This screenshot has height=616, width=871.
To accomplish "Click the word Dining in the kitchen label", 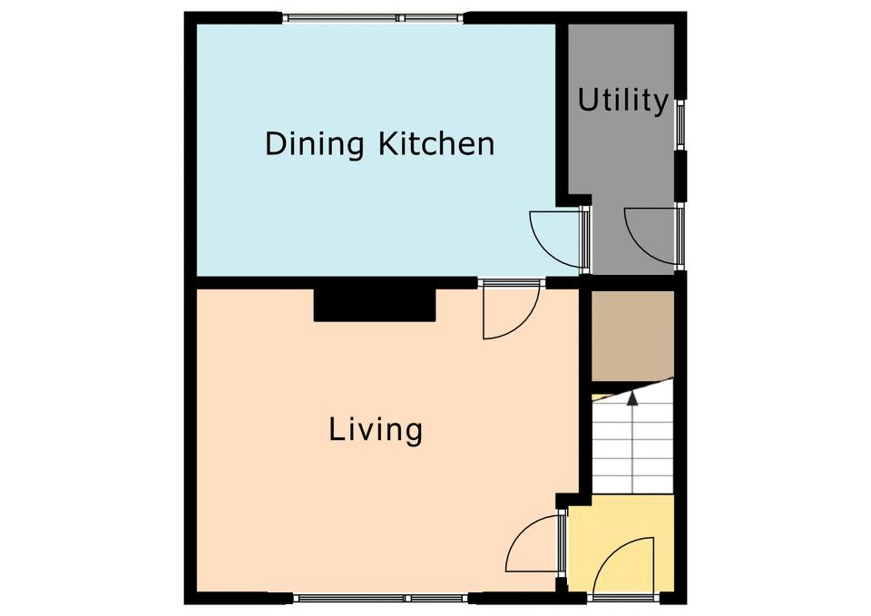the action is [315, 144].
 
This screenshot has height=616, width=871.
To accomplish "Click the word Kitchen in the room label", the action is [436, 143].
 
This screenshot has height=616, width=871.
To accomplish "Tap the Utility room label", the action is [622, 101].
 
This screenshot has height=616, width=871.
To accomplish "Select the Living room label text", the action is [376, 431].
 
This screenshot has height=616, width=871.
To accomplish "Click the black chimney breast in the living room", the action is [375, 305].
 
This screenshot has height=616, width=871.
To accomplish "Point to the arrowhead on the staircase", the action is [632, 397].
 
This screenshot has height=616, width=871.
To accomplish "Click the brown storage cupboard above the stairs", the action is [632, 336].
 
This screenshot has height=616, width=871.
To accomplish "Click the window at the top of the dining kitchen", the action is [373, 18].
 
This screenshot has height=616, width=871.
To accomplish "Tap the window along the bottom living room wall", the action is [381, 598].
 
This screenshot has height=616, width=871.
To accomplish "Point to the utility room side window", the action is [680, 124].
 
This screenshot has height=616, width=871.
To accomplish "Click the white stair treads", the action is [632, 445].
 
